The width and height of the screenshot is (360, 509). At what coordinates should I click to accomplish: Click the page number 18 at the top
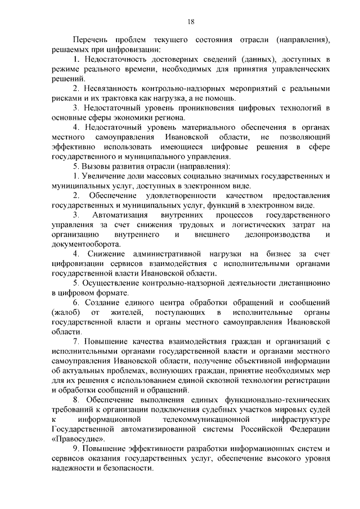tap(191, 21)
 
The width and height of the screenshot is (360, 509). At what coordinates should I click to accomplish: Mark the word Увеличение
tap(105, 176)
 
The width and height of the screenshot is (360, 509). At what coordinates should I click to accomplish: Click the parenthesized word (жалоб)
tap(65, 312)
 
